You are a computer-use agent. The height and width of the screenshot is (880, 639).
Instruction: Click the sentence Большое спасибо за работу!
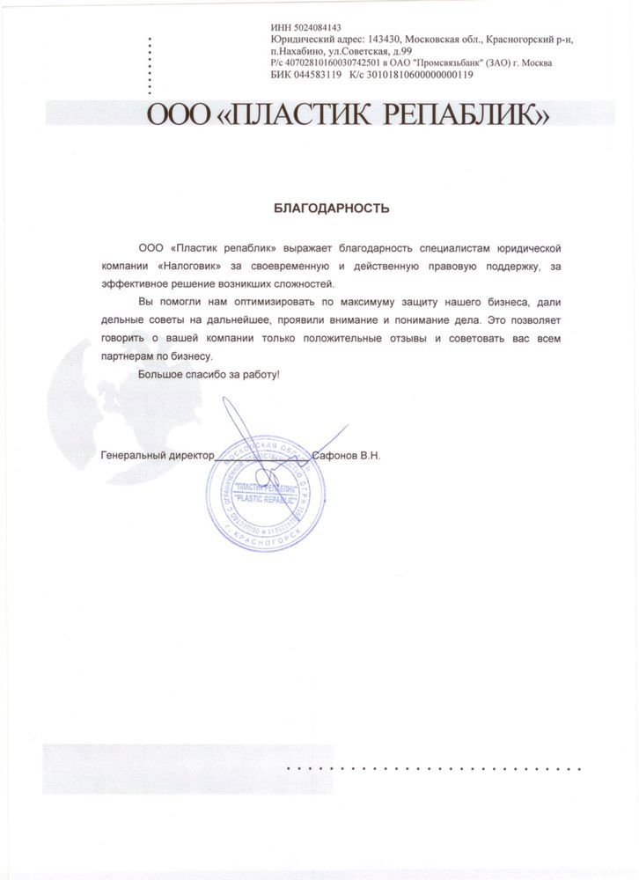coord(209,375)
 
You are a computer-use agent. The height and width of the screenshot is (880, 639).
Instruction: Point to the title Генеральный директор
coord(158,457)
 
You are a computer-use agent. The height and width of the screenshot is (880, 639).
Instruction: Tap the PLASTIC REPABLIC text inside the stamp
coord(264,499)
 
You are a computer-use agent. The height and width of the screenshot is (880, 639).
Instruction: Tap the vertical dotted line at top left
coord(149,66)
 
